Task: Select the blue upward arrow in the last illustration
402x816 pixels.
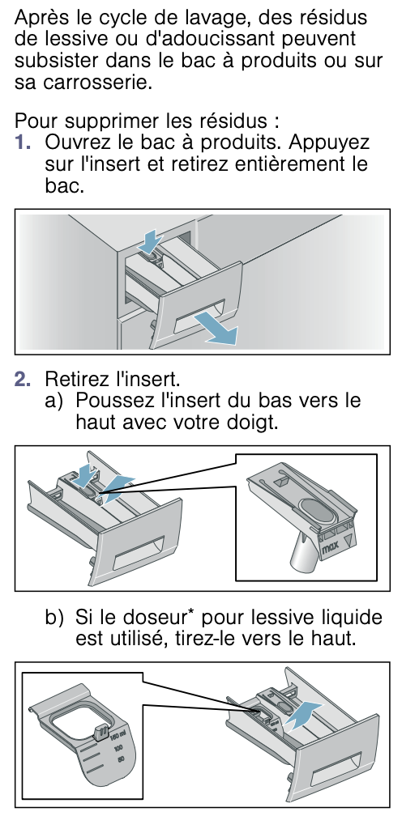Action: coord(304,715)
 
